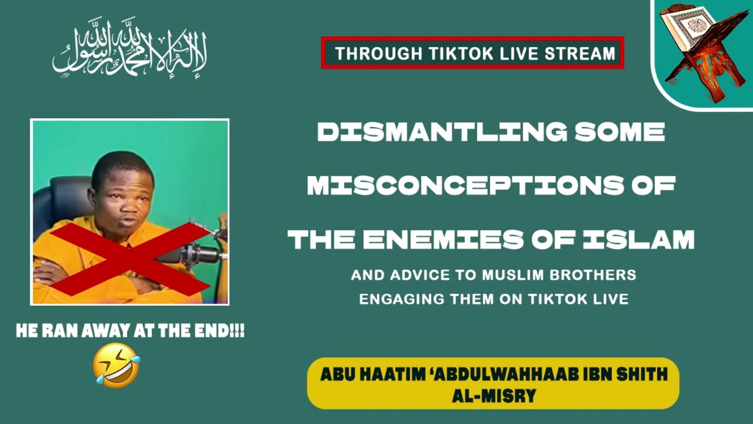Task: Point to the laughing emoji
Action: [x=116, y=365]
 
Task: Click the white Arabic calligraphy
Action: [x=130, y=50]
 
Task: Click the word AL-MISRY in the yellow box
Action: [x=494, y=395]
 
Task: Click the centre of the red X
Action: [x=130, y=259]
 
